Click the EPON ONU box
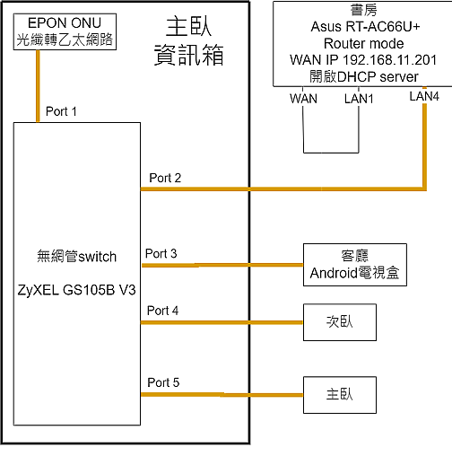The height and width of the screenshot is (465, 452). click(x=65, y=31)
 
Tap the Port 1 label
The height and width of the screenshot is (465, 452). click(x=61, y=111)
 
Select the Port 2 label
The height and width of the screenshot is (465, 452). click(x=165, y=178)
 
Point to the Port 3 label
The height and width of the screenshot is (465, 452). click(x=161, y=254)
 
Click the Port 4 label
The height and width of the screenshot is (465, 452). click(x=162, y=311)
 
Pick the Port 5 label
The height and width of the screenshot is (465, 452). click(x=163, y=382)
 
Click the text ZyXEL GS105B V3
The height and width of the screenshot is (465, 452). click(x=77, y=290)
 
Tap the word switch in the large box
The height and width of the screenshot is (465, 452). click(x=97, y=257)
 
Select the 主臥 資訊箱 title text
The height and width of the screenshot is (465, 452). click(x=189, y=41)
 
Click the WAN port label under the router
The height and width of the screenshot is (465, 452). click(x=303, y=99)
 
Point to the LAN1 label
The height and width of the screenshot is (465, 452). click(x=359, y=99)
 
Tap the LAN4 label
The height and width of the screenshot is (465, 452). click(x=424, y=96)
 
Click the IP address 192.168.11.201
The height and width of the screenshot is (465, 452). click(x=390, y=60)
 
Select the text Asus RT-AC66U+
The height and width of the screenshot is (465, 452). click(x=365, y=27)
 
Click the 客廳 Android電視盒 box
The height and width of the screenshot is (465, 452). click(x=355, y=265)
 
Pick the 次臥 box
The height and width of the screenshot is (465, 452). click(x=340, y=322)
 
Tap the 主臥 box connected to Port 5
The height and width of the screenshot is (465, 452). click(x=340, y=395)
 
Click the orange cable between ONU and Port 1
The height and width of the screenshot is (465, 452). click(x=38, y=86)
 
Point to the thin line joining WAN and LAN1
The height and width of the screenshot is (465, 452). click(x=331, y=153)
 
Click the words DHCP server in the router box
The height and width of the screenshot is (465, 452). click(x=378, y=77)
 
